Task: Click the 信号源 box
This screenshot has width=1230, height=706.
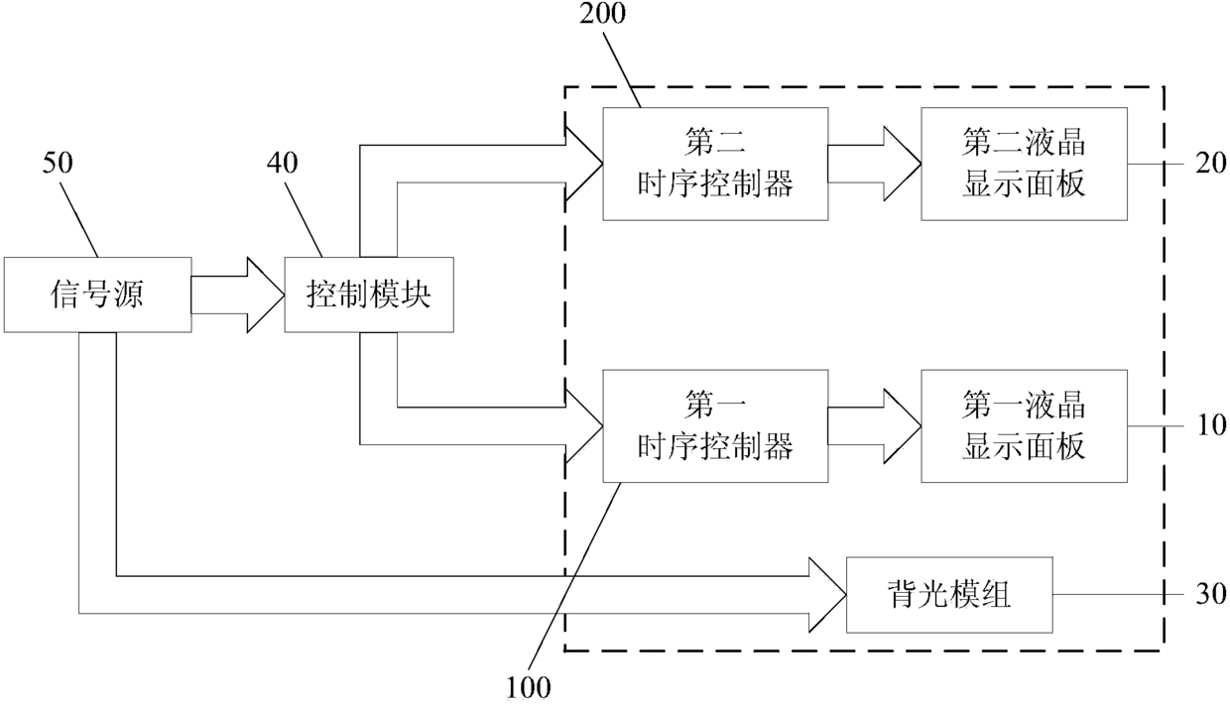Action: point(98,294)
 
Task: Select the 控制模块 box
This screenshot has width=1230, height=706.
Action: point(369,294)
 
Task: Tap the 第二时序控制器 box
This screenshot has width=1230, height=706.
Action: point(715,165)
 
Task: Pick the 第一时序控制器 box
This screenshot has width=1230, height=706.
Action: point(715,426)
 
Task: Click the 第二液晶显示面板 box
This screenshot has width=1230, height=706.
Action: point(1024,165)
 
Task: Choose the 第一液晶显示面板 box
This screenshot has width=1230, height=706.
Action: point(1024,426)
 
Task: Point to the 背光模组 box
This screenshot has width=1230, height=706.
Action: point(949,595)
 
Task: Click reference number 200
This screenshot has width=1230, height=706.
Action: point(602,14)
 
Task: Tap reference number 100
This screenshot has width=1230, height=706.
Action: point(529,687)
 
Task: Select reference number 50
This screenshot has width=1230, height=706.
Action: point(58,163)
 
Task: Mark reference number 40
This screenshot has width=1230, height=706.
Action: point(283,163)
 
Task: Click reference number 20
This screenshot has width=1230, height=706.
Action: point(1210,164)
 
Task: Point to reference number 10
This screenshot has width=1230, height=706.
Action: point(1210,425)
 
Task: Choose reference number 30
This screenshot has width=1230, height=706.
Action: point(1210,595)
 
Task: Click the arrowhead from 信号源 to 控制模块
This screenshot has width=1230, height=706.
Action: point(266,294)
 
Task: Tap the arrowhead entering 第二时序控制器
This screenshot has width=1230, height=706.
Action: point(584,165)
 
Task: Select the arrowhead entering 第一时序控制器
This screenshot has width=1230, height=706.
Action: point(584,426)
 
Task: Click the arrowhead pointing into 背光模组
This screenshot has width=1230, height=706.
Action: point(827,595)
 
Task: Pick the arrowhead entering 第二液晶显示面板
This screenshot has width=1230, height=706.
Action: point(903,165)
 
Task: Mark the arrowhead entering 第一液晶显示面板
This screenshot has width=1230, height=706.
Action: point(903,426)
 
